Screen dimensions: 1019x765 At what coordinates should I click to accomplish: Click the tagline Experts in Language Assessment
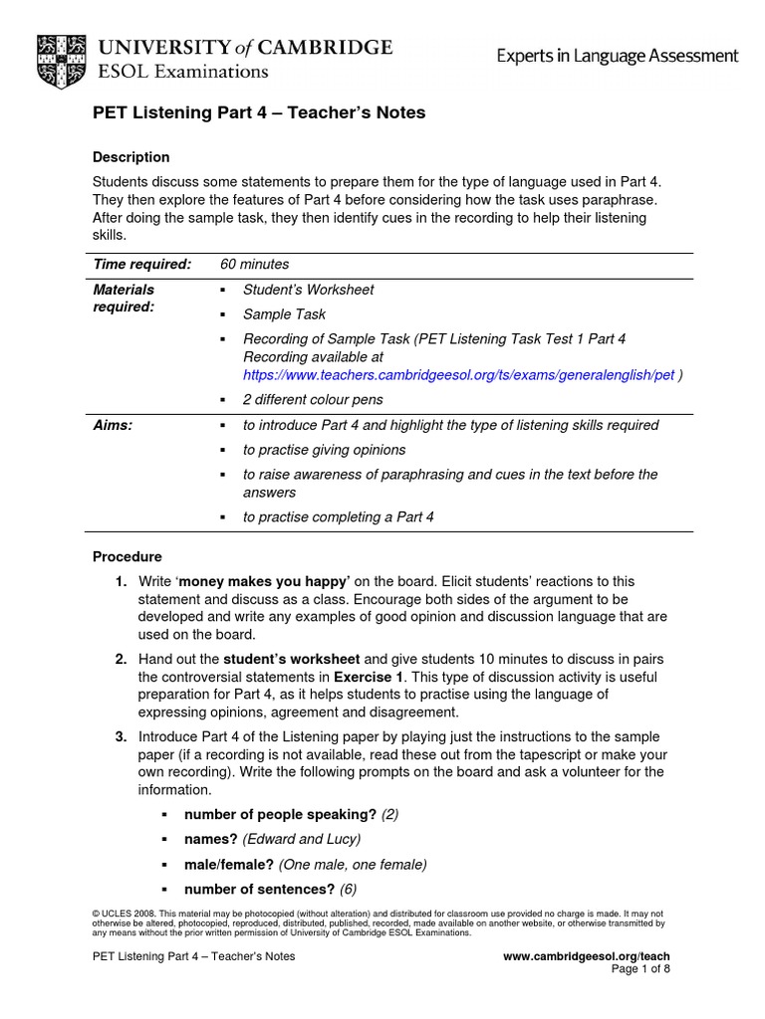coord(618,57)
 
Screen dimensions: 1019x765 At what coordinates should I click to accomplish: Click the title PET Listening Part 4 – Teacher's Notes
coord(259,113)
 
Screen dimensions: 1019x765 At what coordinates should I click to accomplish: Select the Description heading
coord(130,157)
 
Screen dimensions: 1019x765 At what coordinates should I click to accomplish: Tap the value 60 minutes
coord(254,264)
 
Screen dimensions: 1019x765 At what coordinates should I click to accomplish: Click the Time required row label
coord(141,264)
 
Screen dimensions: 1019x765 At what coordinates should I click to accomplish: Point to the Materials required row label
coord(124,298)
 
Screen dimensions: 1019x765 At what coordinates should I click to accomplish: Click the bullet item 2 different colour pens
coord(313,399)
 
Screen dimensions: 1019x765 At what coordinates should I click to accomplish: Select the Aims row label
coord(113,425)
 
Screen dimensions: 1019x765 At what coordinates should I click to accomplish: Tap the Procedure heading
coord(127,556)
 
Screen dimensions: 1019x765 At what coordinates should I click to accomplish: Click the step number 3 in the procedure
coord(120,736)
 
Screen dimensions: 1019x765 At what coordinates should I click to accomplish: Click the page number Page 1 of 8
coord(639,969)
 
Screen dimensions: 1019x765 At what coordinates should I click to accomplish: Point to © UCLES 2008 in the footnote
coord(124,913)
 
